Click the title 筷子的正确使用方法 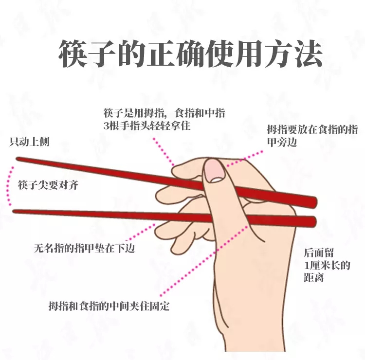tap(190, 54)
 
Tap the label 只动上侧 tap(29, 142)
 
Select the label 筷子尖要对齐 tap(48, 185)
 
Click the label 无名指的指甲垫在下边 tap(84, 248)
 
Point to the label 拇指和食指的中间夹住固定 tap(109, 306)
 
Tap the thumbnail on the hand tap(214, 171)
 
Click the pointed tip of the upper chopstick tap(17, 159)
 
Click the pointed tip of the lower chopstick tap(14, 211)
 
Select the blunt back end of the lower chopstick tap(314, 221)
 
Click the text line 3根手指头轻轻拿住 tap(147, 126)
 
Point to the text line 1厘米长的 tap(327, 265)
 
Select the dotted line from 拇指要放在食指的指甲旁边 tap(245, 159)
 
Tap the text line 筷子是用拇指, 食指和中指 tap(164, 113)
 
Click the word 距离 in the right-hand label tap(314, 278)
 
